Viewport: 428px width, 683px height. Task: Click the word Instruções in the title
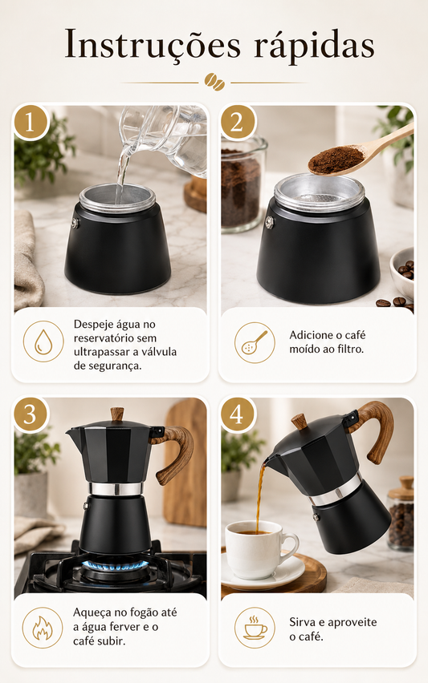[x=153, y=44]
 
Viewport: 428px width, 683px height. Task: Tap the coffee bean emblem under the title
[x=214, y=82]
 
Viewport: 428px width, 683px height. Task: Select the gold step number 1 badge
[x=30, y=122]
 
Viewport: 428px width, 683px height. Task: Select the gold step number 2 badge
[x=236, y=122]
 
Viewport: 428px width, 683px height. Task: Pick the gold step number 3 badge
[x=30, y=414]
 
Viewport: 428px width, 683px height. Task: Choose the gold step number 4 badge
[x=236, y=414]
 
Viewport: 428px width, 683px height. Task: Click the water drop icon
[x=43, y=341]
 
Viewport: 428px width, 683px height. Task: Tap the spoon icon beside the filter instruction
[x=255, y=342]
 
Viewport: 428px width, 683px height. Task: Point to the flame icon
[x=43, y=628]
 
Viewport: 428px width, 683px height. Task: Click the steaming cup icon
[x=255, y=628]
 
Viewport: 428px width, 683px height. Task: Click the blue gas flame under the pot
[x=115, y=566]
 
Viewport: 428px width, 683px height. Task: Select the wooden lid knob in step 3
[x=117, y=414]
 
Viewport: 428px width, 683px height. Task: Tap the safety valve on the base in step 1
[x=76, y=223]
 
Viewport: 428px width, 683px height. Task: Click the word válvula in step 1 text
[x=157, y=351]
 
